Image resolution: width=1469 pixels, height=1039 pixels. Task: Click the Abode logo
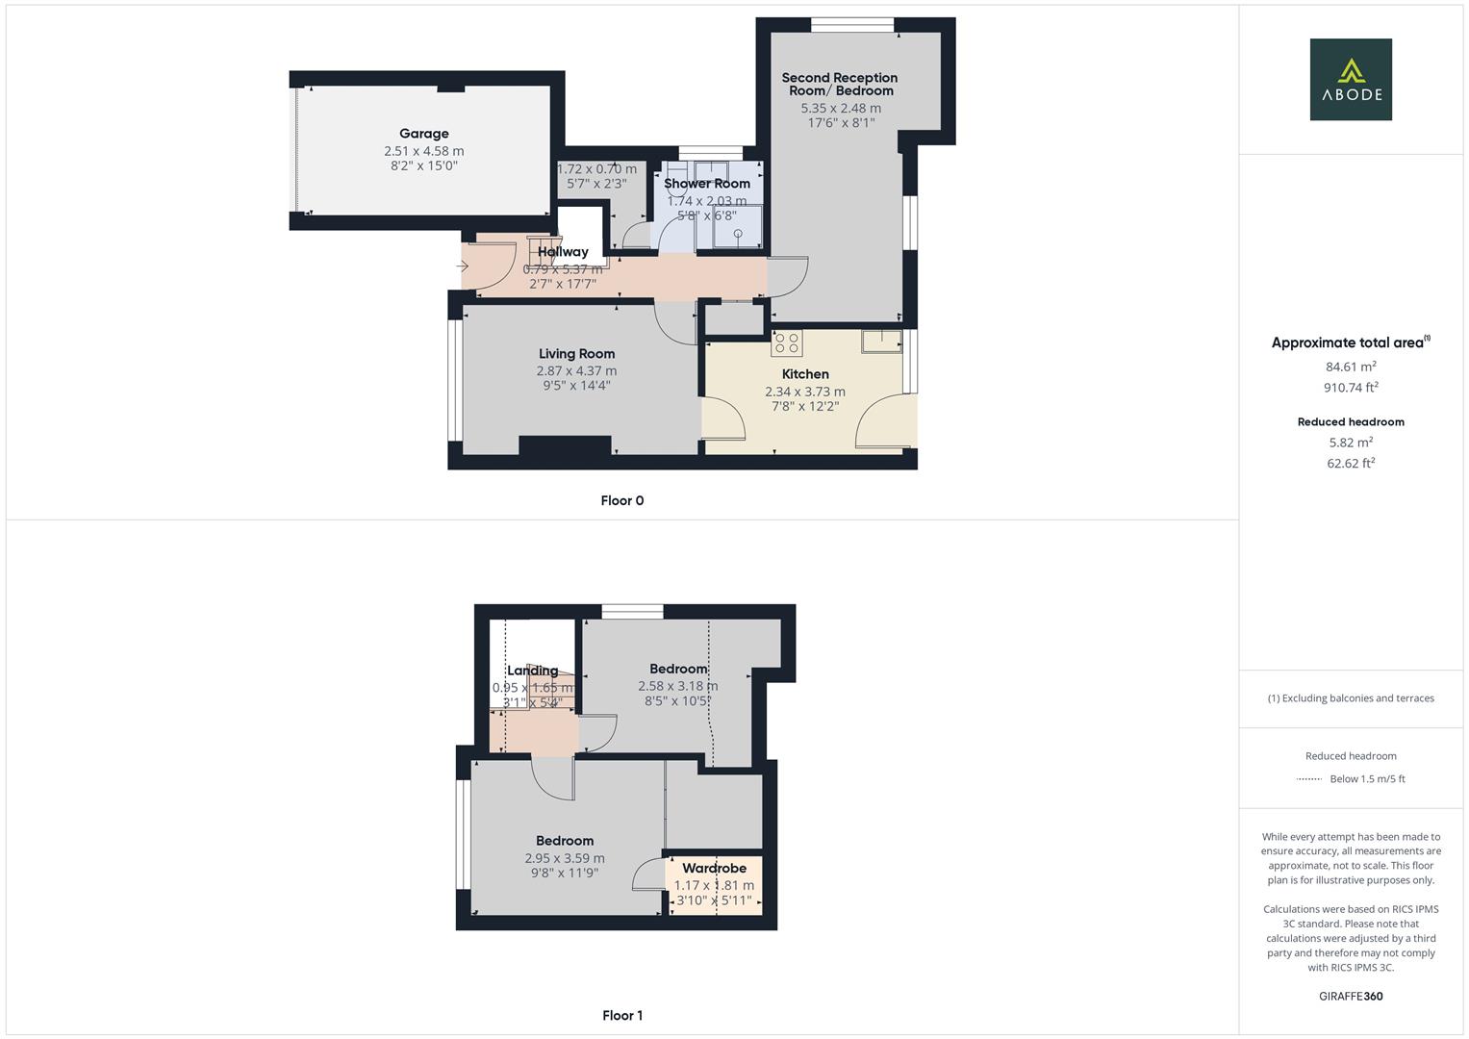coord(1350,79)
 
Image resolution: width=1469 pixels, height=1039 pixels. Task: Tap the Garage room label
coord(424,134)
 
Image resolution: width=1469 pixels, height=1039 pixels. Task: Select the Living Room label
coord(576,354)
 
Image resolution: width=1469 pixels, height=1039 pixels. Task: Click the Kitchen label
coord(805,374)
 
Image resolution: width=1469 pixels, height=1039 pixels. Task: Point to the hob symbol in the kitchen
coord(786,343)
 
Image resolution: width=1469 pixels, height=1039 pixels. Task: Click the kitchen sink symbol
coord(881,341)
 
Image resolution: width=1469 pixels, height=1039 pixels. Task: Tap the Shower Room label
coord(707,184)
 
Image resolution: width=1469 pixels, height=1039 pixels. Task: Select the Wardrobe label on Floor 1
coord(714,869)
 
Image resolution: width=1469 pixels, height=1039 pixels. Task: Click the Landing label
coord(532,672)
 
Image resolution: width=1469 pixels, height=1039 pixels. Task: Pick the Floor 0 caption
coord(621,500)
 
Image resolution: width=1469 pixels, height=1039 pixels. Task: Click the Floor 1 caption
coord(621,1016)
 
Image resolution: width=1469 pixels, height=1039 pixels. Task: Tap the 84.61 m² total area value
coord(1351,367)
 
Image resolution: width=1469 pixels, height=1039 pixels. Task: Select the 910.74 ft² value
coord(1351,388)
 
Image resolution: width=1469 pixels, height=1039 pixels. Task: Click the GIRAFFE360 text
coord(1351,997)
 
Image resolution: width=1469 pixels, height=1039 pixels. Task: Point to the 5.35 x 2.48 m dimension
coord(841,109)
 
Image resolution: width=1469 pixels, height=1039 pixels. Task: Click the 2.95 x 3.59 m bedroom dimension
coord(565,859)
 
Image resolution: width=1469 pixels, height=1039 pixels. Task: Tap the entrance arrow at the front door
coord(463,266)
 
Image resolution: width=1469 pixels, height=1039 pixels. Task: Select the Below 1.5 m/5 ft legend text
coord(1367,779)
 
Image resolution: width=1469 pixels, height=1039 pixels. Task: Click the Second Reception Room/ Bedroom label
coord(839,84)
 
